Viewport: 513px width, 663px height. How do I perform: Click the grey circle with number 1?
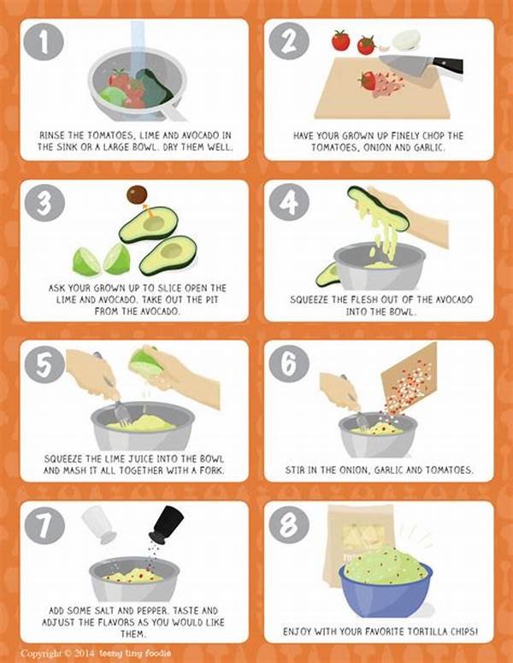[x=43, y=42]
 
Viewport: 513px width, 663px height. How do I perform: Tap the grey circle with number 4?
[x=289, y=202]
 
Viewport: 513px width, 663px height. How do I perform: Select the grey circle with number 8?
[x=289, y=524]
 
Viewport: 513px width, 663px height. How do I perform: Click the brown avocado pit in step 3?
[x=137, y=195]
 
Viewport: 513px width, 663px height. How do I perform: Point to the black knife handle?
[x=447, y=66]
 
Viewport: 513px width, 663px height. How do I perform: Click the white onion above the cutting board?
[x=405, y=40]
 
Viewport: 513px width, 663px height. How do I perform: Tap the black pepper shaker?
[x=168, y=524]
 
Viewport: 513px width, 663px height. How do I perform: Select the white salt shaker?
[x=100, y=524]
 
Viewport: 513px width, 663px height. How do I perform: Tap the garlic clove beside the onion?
[x=384, y=47]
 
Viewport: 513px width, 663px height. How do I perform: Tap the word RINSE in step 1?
[x=52, y=135]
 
